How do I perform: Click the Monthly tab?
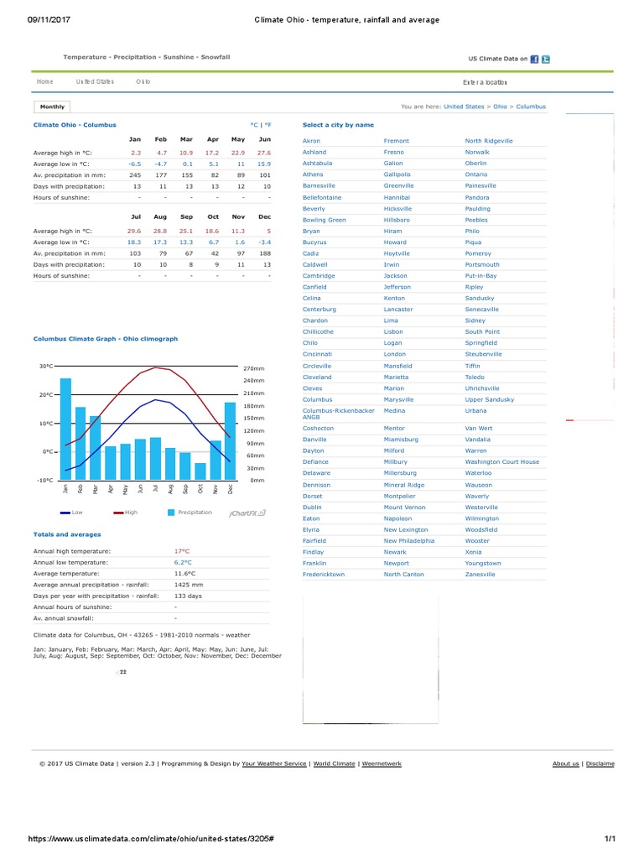point(52,107)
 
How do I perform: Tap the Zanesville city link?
point(480,575)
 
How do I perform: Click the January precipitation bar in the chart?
point(65,428)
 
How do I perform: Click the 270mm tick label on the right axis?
point(254,368)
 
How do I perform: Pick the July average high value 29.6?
point(134,230)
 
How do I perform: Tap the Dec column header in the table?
point(265,216)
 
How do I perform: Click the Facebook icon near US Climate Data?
point(535,59)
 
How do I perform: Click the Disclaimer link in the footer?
point(600,763)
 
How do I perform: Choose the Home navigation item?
point(45,82)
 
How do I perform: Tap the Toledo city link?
point(475,377)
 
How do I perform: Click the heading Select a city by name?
point(338,125)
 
